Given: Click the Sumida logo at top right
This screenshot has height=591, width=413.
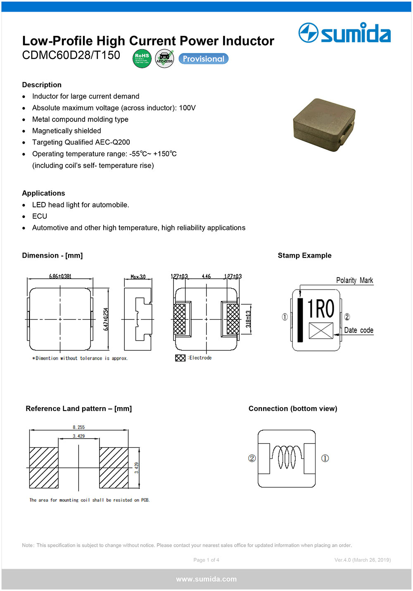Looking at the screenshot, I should [344, 33].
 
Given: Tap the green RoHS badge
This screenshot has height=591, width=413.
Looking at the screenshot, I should [142, 59].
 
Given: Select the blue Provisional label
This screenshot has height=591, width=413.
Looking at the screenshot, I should [203, 59].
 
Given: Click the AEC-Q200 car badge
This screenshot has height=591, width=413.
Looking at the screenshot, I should [164, 59].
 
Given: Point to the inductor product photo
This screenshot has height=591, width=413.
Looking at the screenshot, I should [324, 124].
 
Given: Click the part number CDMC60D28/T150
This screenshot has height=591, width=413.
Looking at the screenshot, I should [71, 55].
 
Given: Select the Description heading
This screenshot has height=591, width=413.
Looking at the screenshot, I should [42, 85].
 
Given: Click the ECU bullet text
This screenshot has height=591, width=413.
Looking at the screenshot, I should [40, 216].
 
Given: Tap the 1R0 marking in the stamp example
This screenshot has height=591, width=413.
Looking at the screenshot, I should [321, 309].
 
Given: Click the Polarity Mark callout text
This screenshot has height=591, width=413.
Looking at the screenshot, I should [354, 280].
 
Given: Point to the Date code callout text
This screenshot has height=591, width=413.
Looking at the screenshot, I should [358, 330].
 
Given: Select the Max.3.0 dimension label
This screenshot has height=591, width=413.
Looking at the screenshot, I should [138, 277].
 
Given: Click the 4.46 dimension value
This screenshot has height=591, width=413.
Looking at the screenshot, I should [206, 276].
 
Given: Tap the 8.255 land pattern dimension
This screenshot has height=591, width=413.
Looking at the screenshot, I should [78, 427].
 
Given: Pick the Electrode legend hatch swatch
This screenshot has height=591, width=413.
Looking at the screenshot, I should [180, 358].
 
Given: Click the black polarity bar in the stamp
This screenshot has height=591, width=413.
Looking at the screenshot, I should [300, 320].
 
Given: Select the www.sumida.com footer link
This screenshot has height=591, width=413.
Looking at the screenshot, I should [206, 579].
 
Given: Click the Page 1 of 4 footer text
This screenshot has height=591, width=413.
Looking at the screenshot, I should [206, 560].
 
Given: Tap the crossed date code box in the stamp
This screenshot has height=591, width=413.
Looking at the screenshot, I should [321, 331].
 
